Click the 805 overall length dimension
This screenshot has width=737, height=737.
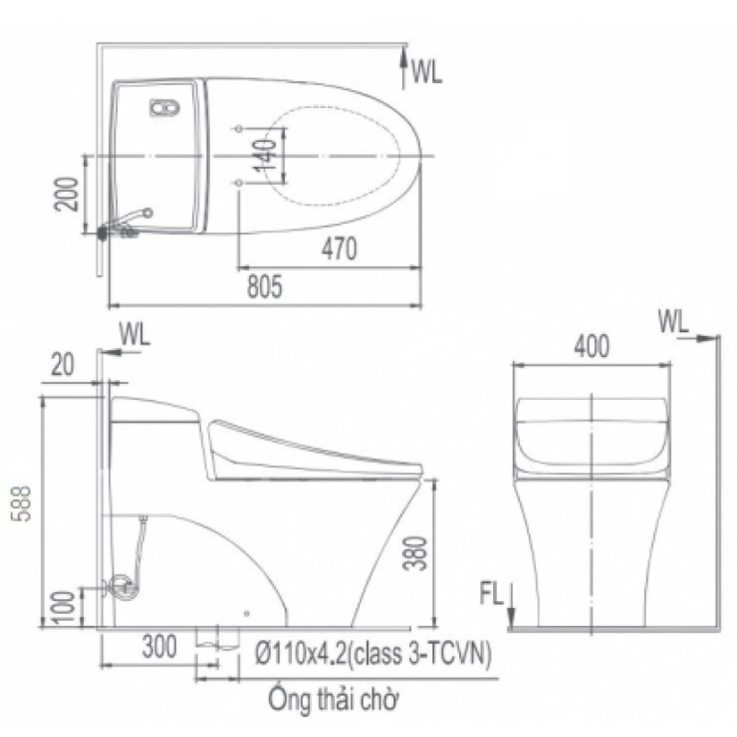265,286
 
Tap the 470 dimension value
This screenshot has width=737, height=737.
340,248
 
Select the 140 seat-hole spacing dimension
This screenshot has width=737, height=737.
266,155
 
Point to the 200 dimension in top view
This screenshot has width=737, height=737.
65,194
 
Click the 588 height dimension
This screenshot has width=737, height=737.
22,503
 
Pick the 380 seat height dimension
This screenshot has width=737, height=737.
415,553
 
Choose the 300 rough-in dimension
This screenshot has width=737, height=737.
160,646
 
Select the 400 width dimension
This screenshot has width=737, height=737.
592,346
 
